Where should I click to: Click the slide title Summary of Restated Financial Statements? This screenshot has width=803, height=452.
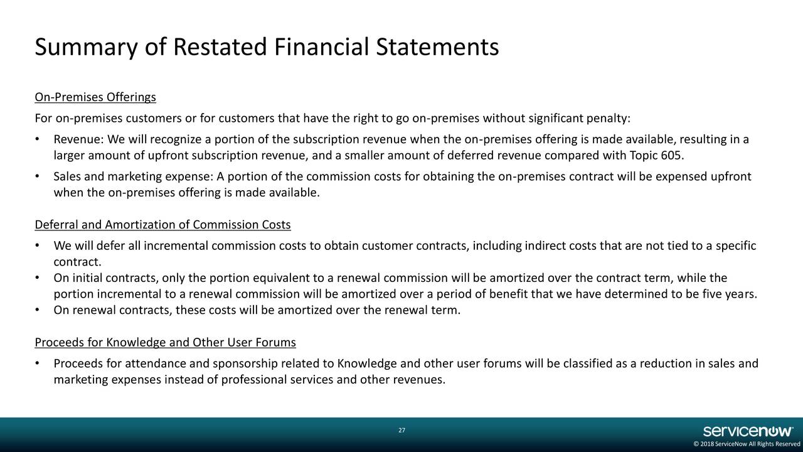pos(267,48)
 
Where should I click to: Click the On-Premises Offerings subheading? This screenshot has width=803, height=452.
pos(95,98)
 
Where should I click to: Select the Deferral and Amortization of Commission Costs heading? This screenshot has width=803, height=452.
pos(162,225)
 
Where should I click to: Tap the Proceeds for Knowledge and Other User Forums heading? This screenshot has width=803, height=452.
pos(165,343)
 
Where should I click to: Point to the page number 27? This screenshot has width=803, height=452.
pos(401,430)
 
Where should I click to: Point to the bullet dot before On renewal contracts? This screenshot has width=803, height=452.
pos(39,309)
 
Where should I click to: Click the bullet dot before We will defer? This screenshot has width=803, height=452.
pos(39,245)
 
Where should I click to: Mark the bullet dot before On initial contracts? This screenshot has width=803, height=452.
pos(39,278)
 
